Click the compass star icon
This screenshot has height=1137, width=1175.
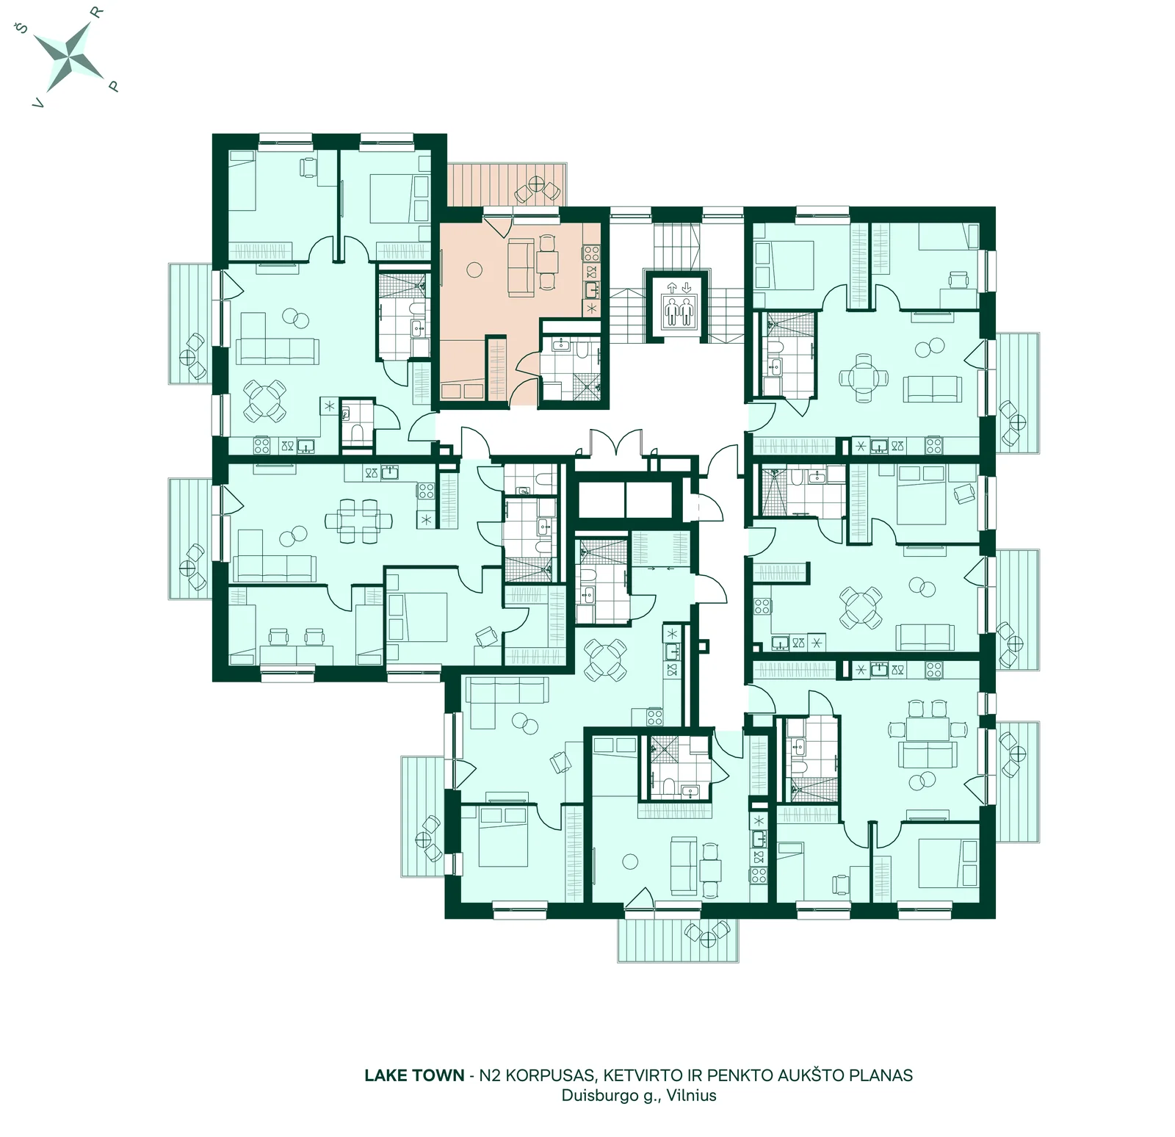click(70, 55)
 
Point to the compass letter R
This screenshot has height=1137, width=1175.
click(97, 12)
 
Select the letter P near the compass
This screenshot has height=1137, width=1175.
click(113, 86)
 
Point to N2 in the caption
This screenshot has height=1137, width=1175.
click(489, 1075)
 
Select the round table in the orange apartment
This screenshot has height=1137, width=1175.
click(475, 270)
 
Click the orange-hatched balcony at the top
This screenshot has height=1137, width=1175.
click(507, 184)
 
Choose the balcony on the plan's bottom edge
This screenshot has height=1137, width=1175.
click(677, 939)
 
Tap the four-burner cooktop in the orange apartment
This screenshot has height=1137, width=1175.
click(592, 253)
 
